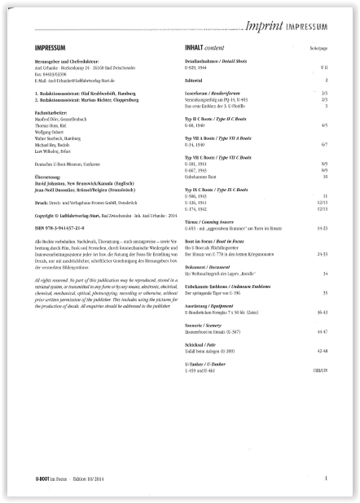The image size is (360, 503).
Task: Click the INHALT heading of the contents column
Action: click(197, 47)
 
